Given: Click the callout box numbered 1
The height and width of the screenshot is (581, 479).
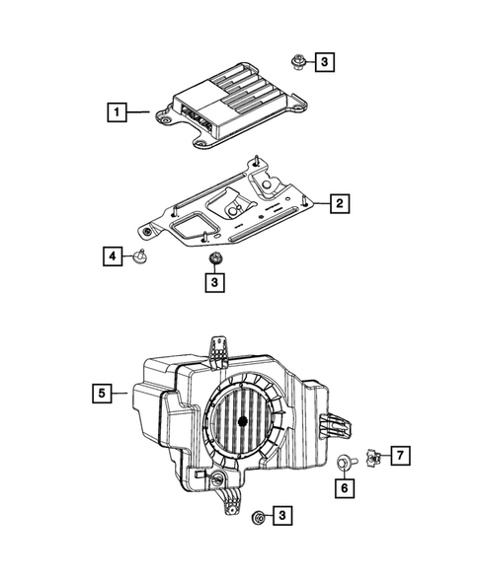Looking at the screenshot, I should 117,113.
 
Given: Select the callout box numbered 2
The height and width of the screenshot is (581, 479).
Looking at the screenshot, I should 338,204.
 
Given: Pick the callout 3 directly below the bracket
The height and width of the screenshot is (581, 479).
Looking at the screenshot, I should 214,283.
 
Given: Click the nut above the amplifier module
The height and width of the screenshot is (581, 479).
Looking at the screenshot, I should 296,63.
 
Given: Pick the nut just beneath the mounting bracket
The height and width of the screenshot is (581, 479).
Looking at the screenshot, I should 214,258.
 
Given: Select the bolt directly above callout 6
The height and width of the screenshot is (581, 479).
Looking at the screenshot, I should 345,460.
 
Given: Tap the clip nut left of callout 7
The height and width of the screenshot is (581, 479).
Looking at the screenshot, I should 372,456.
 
